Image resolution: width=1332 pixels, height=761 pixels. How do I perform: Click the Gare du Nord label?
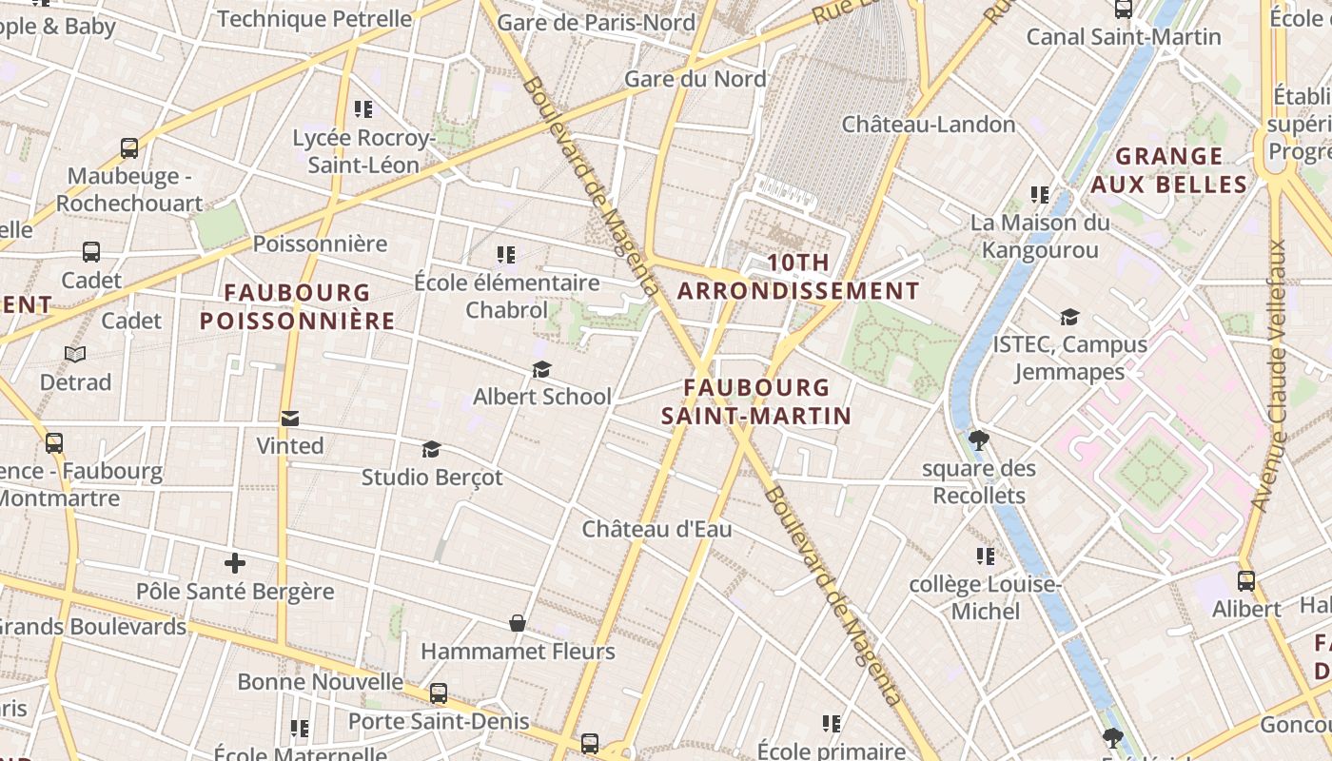[x=695, y=79]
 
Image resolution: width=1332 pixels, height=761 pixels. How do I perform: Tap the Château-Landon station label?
[x=929, y=125]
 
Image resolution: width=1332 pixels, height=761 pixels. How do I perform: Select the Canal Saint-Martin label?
[x=1123, y=37]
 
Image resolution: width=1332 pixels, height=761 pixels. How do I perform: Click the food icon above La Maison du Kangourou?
[x=1040, y=195]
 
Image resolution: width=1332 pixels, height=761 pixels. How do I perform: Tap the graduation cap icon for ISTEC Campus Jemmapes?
[x=1069, y=317]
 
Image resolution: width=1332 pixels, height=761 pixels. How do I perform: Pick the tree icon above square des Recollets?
[x=978, y=439]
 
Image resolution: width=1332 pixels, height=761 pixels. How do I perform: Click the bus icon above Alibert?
[x=1246, y=580]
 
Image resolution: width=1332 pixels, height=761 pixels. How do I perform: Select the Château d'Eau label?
[x=656, y=529]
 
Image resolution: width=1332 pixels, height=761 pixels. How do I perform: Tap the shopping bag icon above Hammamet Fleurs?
[x=518, y=623]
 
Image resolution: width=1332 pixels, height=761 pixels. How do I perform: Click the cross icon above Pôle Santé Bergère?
[x=234, y=563]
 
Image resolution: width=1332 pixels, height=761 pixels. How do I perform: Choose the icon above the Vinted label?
[x=289, y=418]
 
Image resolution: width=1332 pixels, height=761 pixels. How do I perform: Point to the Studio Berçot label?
[x=432, y=478]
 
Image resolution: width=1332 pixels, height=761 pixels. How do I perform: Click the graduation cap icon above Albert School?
[x=541, y=369]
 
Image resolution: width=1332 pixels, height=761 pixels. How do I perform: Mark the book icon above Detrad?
[x=75, y=354]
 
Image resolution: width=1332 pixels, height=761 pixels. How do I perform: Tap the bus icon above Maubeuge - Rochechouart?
[x=129, y=148]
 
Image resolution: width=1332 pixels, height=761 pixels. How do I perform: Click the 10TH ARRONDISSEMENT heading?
[x=798, y=277]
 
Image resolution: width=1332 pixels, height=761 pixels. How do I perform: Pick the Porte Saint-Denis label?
[x=439, y=721]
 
